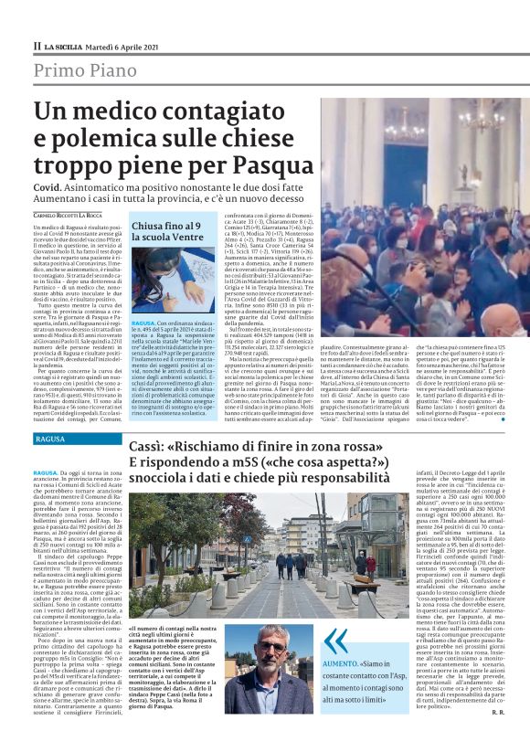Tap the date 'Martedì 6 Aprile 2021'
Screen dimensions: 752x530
[118, 45]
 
